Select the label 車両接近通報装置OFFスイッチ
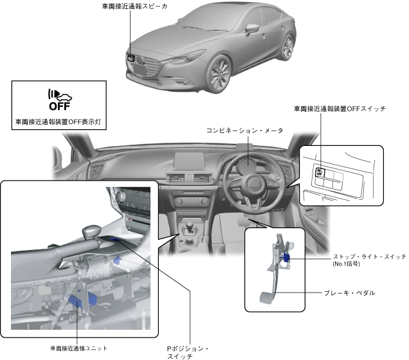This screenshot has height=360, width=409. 340,109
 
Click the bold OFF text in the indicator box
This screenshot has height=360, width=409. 59,107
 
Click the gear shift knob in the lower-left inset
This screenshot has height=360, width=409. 91,230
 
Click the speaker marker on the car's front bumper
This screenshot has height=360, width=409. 131,58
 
